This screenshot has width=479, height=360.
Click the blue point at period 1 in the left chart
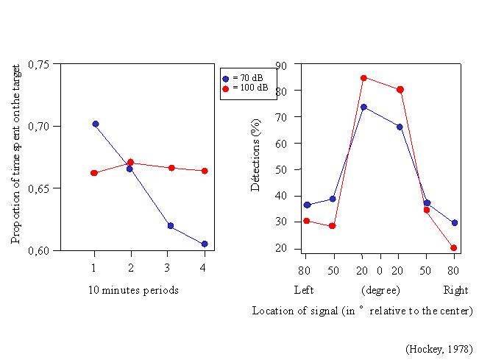[x=96, y=124]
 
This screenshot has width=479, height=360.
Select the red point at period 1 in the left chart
[x=94, y=173]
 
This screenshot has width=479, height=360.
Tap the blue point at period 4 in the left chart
[x=203, y=244]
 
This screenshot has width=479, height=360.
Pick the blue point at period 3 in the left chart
[x=170, y=226]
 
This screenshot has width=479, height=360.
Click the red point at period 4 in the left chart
[x=205, y=171]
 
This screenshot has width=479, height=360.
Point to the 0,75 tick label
[x=39, y=64]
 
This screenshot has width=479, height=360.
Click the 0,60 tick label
[x=39, y=251]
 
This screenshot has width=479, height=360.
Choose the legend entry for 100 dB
[x=248, y=88]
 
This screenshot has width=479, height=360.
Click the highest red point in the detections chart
[x=363, y=77]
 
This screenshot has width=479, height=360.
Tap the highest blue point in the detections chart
[x=363, y=107]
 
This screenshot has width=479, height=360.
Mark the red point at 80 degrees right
[x=454, y=248]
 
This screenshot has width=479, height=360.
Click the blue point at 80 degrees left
[x=307, y=205]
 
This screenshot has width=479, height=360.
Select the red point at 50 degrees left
[x=333, y=226]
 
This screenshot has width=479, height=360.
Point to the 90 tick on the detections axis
[x=282, y=65]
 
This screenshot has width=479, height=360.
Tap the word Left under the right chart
[x=304, y=290]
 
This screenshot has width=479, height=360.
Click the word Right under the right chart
[x=455, y=290]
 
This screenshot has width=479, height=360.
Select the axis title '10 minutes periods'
[x=133, y=290]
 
